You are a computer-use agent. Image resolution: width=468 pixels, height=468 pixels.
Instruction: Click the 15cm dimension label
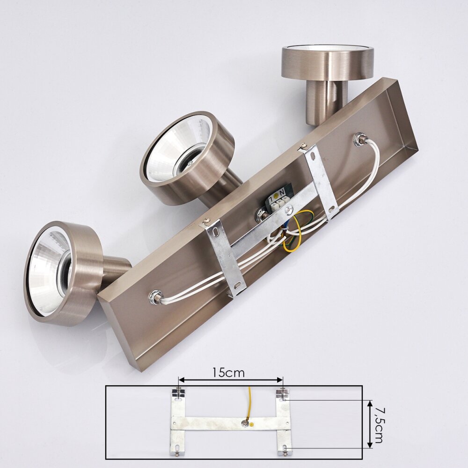[228, 373]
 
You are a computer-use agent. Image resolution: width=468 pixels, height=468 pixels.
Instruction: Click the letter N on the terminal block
[282, 191]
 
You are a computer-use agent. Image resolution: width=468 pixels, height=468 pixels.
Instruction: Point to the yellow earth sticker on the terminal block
[276, 195]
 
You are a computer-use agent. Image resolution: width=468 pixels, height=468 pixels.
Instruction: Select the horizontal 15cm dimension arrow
[230, 380]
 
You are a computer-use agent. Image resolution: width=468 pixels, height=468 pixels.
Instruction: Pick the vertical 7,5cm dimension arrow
[370, 424]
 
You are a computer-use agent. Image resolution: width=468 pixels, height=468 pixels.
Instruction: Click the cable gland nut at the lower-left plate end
[156, 297]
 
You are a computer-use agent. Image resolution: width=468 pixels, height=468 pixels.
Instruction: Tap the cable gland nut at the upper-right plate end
[359, 139]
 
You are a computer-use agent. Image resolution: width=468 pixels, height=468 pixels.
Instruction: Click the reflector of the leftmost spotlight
[49, 269]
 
